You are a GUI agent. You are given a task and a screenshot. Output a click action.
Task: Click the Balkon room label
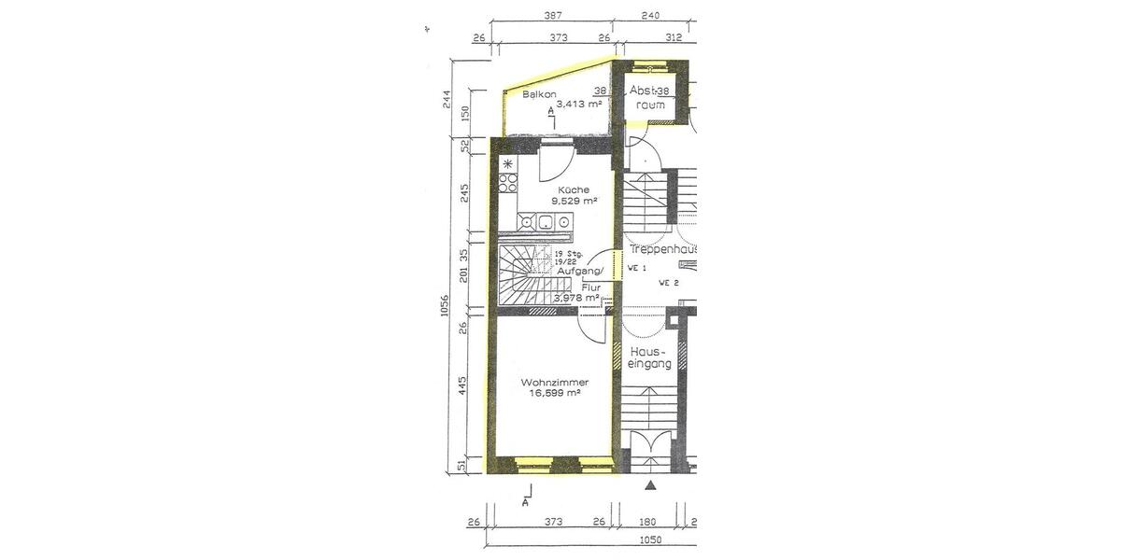click(x=540, y=95)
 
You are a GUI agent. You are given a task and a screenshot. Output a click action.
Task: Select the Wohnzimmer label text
click(x=555, y=383)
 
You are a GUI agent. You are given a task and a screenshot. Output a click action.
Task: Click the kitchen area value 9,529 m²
click(x=574, y=201)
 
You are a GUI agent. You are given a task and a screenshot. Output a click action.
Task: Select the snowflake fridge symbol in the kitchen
click(x=508, y=164)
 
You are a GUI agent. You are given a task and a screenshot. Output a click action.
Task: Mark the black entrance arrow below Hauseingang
click(x=651, y=485)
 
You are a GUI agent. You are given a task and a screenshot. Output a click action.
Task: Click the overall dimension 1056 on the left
click(x=446, y=305)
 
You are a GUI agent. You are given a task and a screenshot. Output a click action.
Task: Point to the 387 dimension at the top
click(x=553, y=16)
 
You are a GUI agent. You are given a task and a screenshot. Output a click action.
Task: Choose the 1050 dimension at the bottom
click(x=650, y=540)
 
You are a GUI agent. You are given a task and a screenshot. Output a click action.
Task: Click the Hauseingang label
click(x=650, y=358)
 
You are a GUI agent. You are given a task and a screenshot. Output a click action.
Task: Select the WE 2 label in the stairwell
click(x=667, y=282)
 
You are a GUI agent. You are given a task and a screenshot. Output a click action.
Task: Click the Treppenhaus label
click(x=662, y=250)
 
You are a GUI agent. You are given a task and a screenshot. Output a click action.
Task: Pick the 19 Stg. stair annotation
click(x=569, y=254)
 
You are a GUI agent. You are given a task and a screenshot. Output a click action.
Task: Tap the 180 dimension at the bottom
click(x=649, y=522)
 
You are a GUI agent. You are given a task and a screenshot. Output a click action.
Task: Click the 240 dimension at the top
click(x=651, y=16)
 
